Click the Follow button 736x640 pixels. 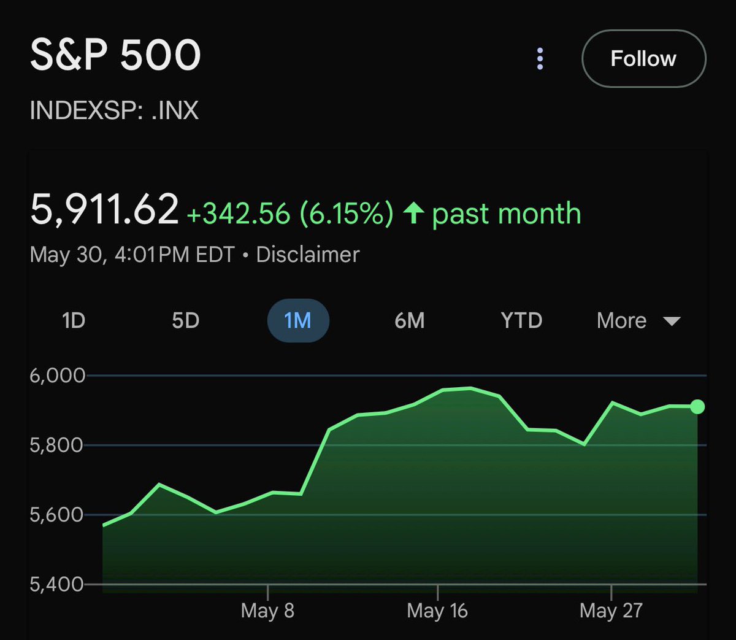(x=643, y=59)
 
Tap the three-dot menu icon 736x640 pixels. (x=540, y=59)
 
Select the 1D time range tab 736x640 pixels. (x=74, y=320)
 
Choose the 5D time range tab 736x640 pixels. (x=185, y=320)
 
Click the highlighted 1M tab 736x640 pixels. (x=298, y=320)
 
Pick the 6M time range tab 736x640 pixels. (x=409, y=320)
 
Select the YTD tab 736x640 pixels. (x=521, y=320)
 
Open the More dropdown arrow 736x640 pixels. (x=672, y=321)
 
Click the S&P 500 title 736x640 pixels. (x=115, y=55)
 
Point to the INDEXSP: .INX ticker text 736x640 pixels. (x=114, y=110)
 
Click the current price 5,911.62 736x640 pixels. (x=104, y=209)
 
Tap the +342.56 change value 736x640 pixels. (x=238, y=214)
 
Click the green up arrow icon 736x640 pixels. (x=414, y=214)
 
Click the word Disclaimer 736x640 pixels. (x=307, y=255)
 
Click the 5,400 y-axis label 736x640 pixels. (x=56, y=584)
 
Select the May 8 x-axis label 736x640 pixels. (x=267, y=611)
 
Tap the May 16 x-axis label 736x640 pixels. (x=437, y=611)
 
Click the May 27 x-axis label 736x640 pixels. (x=611, y=611)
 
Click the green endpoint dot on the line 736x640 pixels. (x=697, y=407)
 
